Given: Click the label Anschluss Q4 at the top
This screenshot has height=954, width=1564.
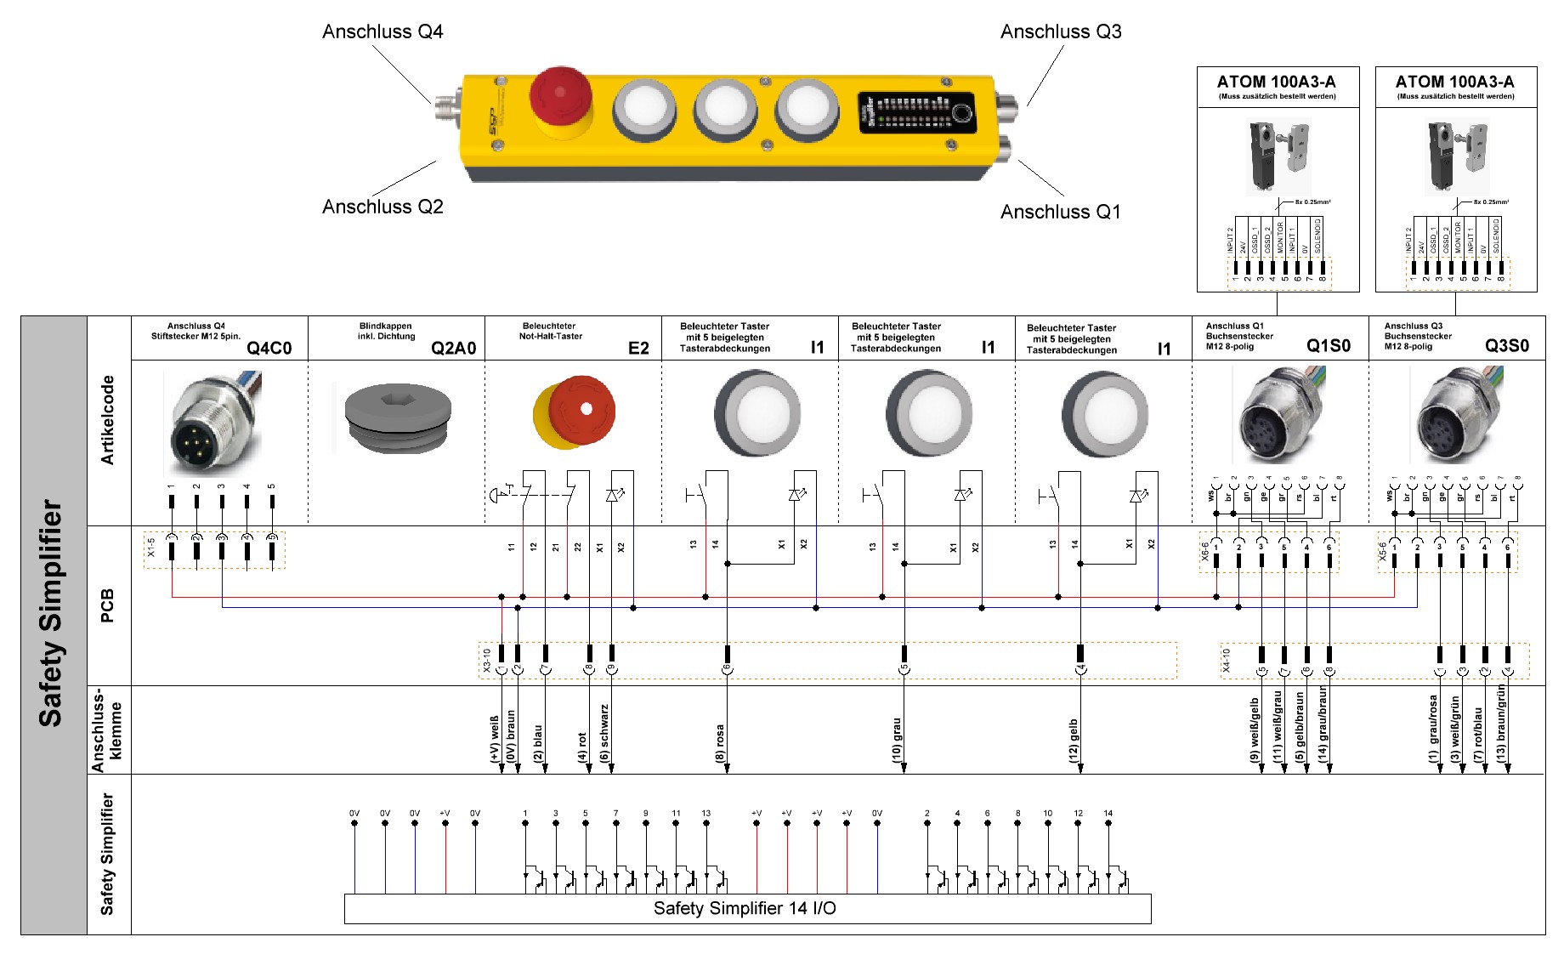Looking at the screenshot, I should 382,31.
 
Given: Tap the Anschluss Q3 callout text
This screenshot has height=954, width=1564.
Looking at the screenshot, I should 1060,31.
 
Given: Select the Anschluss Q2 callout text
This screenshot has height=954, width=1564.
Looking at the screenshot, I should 382,207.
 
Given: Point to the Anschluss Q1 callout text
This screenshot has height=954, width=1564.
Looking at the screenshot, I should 1060,212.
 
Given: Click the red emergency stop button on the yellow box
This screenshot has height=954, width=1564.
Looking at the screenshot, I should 560,95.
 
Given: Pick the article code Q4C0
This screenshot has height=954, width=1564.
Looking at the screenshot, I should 269,348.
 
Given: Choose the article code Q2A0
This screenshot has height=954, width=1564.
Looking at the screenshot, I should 453,348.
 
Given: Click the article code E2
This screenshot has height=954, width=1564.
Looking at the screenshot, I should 638,348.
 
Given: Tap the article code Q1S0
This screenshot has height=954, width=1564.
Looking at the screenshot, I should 1328,345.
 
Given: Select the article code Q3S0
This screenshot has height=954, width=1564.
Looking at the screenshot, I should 1506,345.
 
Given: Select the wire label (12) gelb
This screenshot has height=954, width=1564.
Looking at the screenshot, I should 1074,741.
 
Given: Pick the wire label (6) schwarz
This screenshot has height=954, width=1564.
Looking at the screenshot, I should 604,733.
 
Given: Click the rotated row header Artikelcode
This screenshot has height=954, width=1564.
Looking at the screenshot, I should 108,420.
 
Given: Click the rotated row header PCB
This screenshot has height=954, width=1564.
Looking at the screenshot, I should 108,605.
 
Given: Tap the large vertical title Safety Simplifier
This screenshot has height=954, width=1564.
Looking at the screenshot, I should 52,612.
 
